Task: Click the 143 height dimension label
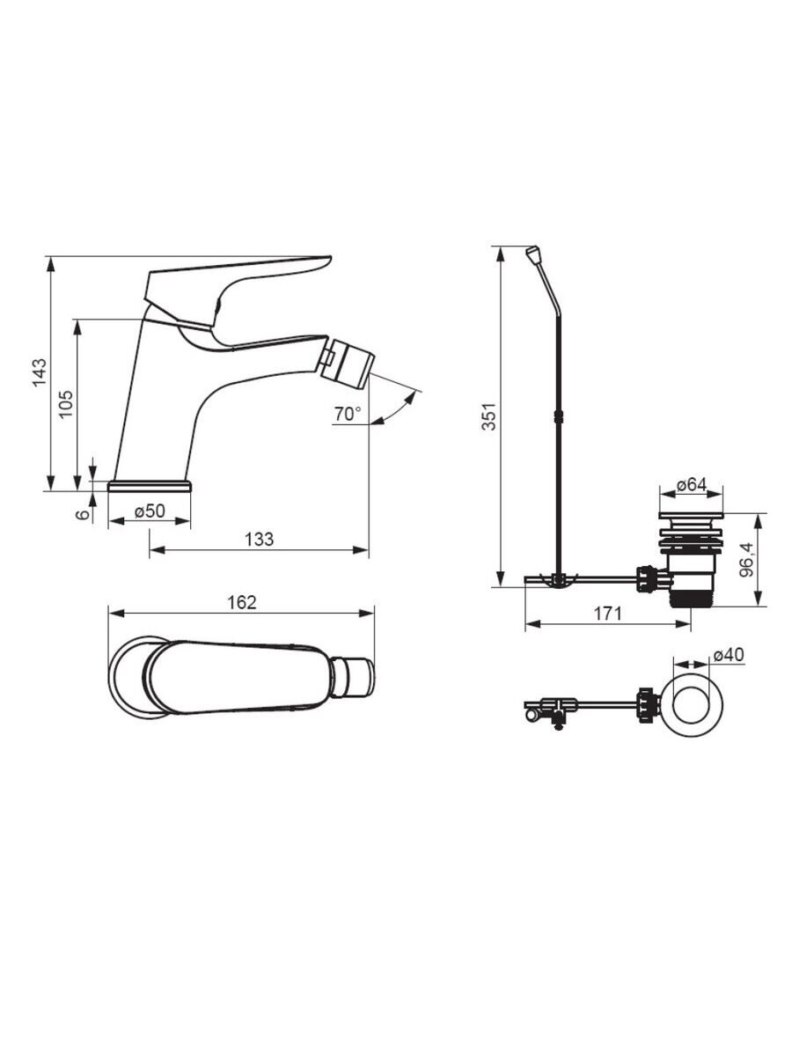tap(40, 372)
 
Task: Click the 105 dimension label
tap(65, 403)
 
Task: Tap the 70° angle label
tap(348, 414)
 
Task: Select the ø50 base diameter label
tap(150, 511)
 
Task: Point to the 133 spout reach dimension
tap(259, 539)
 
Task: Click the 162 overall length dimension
tap(241, 602)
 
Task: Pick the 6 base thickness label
tap(82, 514)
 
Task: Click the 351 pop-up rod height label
tap(488, 416)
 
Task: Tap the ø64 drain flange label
tap(692, 485)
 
